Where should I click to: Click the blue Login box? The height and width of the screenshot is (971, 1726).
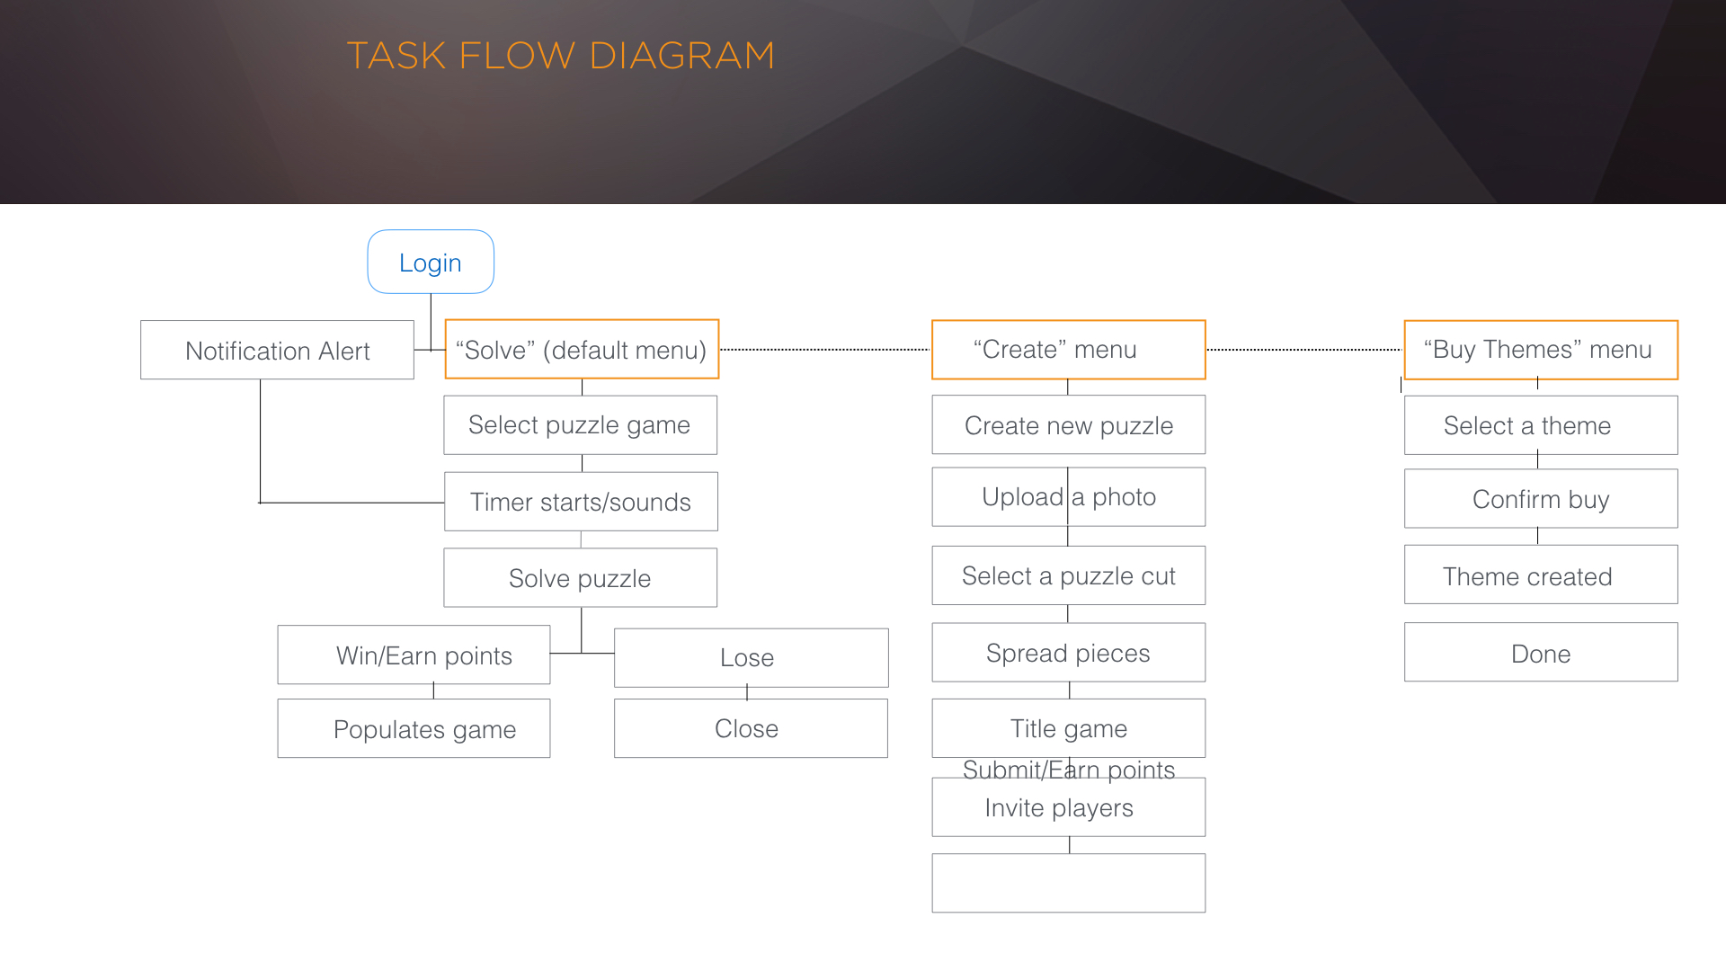tap(431, 262)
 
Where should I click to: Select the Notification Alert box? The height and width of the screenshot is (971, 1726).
tap(277, 350)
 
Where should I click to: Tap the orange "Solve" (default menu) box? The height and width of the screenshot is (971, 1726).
tap(582, 349)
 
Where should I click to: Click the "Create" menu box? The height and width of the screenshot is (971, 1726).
tap(1068, 349)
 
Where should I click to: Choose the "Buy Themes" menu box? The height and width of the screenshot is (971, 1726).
tap(1541, 349)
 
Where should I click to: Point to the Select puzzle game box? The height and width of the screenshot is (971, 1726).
tap(580, 424)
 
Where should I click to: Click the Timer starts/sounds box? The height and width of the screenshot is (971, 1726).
tap(581, 501)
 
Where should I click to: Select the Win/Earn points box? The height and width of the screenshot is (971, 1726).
tap(414, 655)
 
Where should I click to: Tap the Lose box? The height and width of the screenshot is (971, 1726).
tap(751, 657)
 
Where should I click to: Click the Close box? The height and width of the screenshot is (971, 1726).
tap(751, 728)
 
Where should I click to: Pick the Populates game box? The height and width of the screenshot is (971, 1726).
tap(414, 728)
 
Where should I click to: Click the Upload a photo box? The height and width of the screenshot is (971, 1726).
tap(1068, 496)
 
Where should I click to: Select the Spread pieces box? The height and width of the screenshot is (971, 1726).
tap(1068, 652)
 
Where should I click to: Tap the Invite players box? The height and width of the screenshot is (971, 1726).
tap(1068, 807)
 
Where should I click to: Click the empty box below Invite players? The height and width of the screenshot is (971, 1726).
tap(1068, 883)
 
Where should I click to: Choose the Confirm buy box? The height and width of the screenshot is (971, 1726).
tap(1541, 498)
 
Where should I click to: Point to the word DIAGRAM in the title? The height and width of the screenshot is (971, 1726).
tap(681, 56)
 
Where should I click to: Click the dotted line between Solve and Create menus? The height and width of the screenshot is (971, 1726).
tap(824, 349)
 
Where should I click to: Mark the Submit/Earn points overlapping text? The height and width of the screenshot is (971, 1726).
tap(1068, 769)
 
